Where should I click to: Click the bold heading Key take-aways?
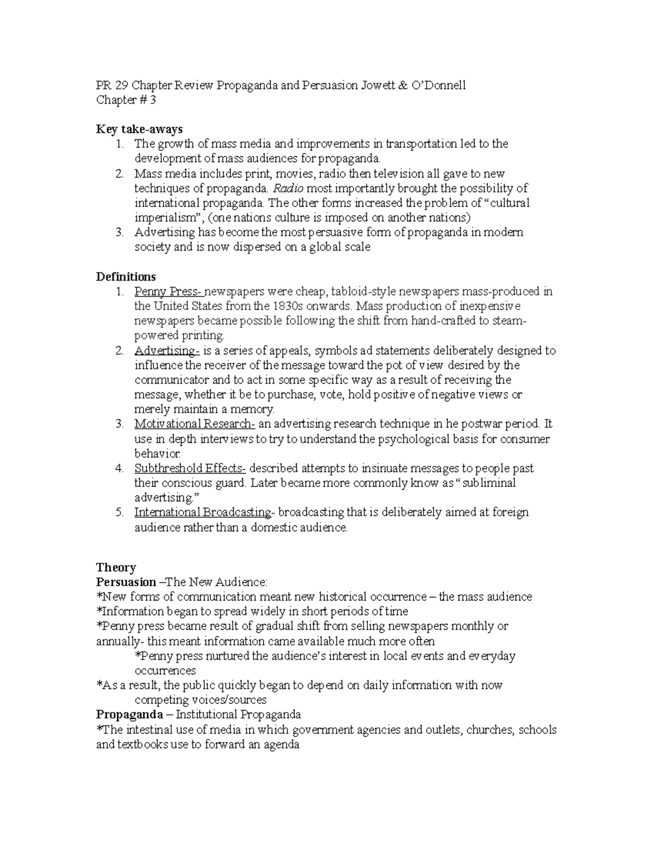click(x=139, y=129)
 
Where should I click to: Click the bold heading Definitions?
click(x=126, y=276)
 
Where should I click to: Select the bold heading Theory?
click(x=116, y=567)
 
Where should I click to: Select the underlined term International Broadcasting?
click(x=203, y=512)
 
